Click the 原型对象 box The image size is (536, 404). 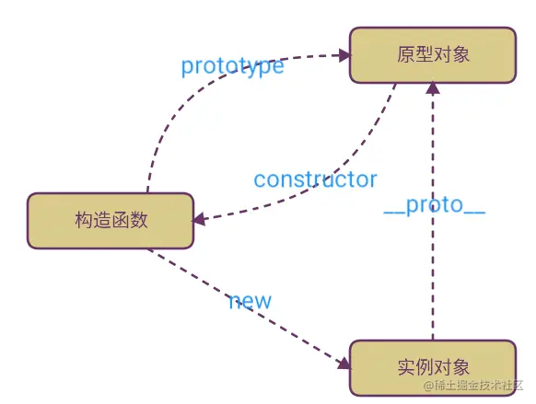(x=432, y=54)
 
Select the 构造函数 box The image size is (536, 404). (x=111, y=220)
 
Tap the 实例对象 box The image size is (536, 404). (x=432, y=367)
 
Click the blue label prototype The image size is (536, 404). (x=232, y=66)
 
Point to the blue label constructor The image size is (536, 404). (x=315, y=178)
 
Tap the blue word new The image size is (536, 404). (x=250, y=300)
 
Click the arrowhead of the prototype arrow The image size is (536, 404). (x=344, y=55)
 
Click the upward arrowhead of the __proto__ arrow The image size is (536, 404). (x=432, y=87)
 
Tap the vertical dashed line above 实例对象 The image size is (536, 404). (x=432, y=276)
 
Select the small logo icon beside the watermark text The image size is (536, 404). (x=430, y=385)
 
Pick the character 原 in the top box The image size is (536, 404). (x=404, y=54)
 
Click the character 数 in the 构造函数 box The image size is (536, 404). (x=138, y=220)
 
